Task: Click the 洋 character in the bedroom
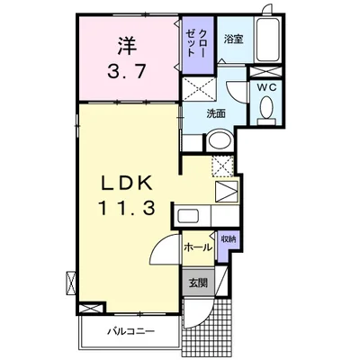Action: pyautogui.click(x=127, y=46)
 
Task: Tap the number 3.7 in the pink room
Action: pyautogui.click(x=127, y=72)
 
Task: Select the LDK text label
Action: pyautogui.click(x=126, y=183)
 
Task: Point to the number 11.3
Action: pyautogui.click(x=126, y=208)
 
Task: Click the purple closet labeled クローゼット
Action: pyautogui.click(x=198, y=45)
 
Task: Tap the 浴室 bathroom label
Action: pyautogui.click(x=233, y=40)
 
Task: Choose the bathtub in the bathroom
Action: pyautogui.click(x=268, y=40)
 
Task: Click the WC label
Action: pyautogui.click(x=265, y=87)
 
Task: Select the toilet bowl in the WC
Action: pyautogui.click(x=266, y=109)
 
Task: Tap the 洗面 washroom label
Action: pyautogui.click(x=216, y=113)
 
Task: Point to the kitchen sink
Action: pyautogui.click(x=187, y=216)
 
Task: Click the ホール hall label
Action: pyautogui.click(x=198, y=247)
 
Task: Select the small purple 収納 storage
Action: pyautogui.click(x=229, y=246)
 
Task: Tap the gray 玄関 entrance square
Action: pyautogui.click(x=198, y=283)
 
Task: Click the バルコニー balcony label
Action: pyautogui.click(x=131, y=331)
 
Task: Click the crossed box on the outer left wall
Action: pyautogui.click(x=71, y=283)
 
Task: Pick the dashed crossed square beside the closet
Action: pyautogui.click(x=199, y=88)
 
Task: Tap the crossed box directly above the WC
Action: pyautogui.click(x=265, y=72)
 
